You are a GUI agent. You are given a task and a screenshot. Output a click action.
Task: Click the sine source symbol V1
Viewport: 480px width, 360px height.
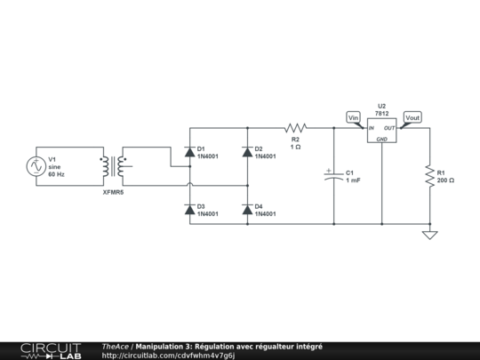[x=37, y=165]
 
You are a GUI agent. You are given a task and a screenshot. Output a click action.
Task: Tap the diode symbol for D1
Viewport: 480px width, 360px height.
[x=189, y=152]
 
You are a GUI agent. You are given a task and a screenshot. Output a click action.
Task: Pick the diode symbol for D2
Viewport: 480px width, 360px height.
[x=247, y=152]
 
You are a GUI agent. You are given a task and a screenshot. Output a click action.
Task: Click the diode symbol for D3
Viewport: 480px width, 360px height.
[x=189, y=209]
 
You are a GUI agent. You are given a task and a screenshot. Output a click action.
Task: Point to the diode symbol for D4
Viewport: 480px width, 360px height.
[x=247, y=209]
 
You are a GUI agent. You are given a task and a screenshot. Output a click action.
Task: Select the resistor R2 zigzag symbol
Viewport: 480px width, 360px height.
[x=295, y=128]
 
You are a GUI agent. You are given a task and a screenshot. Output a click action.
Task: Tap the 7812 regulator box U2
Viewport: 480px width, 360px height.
[x=381, y=132]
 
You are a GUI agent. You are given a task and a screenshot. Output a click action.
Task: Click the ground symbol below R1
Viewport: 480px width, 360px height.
[x=429, y=235]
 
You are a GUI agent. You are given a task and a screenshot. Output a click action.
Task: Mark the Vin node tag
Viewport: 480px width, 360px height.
[x=353, y=116]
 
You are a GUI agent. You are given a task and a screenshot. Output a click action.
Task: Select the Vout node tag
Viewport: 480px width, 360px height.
[x=412, y=116]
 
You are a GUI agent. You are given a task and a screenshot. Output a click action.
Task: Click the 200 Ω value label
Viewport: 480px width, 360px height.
[x=445, y=180]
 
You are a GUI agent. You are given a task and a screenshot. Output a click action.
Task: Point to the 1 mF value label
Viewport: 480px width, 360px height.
[x=353, y=180]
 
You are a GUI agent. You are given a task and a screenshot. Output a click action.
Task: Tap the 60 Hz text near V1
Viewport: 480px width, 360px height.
[x=57, y=175]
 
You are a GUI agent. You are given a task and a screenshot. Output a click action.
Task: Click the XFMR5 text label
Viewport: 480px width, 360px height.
[x=114, y=191]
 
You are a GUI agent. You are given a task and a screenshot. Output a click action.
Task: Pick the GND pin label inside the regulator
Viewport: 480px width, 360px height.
[x=381, y=140]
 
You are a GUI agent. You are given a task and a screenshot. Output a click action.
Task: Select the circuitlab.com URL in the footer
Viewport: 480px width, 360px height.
[x=168, y=356]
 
